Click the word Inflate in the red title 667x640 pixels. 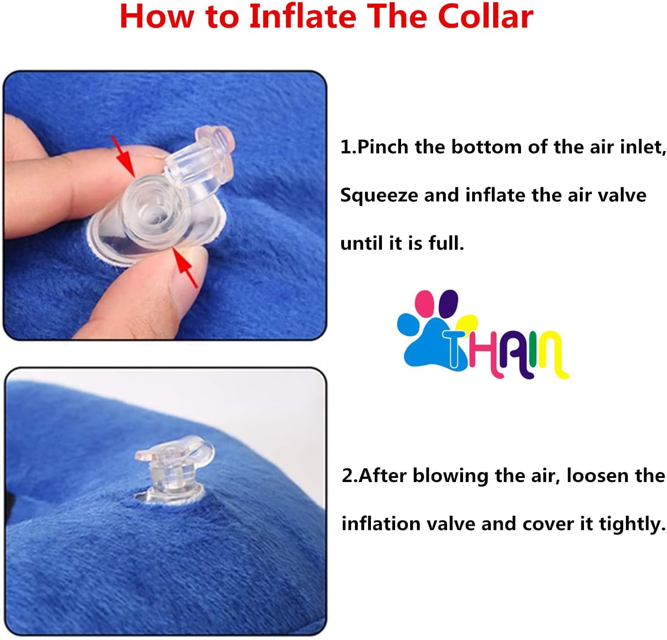click(x=302, y=16)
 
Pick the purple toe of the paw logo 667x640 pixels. click(x=449, y=302)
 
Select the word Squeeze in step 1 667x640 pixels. click(x=379, y=195)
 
